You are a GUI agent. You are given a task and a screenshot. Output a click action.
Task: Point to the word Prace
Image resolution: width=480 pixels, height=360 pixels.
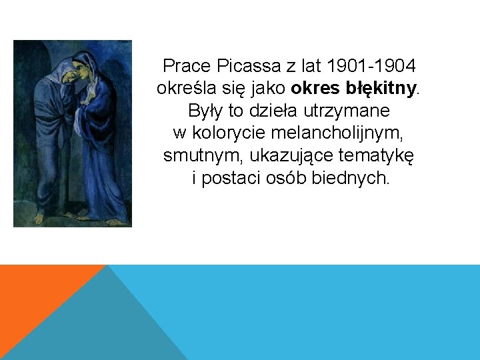(x=187, y=66)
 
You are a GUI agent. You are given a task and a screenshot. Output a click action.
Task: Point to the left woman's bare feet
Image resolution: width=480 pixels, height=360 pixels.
(x=41, y=217)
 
